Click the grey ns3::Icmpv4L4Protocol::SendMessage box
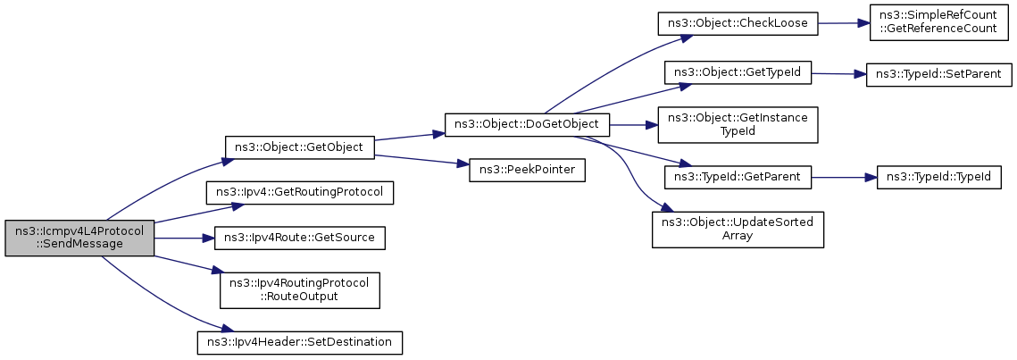79,238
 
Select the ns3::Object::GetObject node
300,147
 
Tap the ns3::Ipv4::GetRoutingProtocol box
300,193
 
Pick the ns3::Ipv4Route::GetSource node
300,238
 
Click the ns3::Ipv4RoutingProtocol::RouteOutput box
300,290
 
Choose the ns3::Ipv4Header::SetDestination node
300,342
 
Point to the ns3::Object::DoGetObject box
528,124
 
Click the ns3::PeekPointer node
528,170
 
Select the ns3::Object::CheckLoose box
738,23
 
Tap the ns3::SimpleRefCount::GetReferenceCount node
938,22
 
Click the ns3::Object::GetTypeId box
738,73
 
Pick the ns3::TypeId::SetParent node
938,74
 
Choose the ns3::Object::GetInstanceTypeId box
738,124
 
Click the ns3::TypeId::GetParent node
738,177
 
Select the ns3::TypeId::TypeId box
938,177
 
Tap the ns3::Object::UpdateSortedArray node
738,229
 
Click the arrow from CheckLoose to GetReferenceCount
844,23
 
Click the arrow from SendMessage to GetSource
184,238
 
